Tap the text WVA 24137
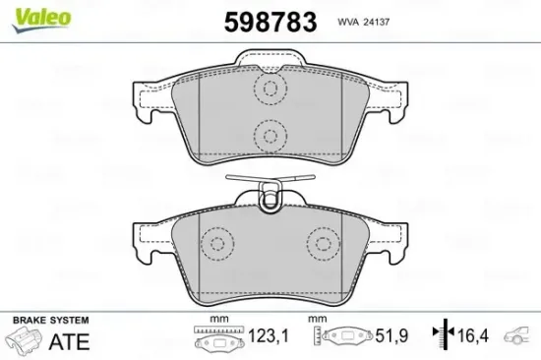(x=363, y=21)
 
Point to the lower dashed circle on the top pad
(x=268, y=134)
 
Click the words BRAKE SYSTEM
(x=48, y=321)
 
